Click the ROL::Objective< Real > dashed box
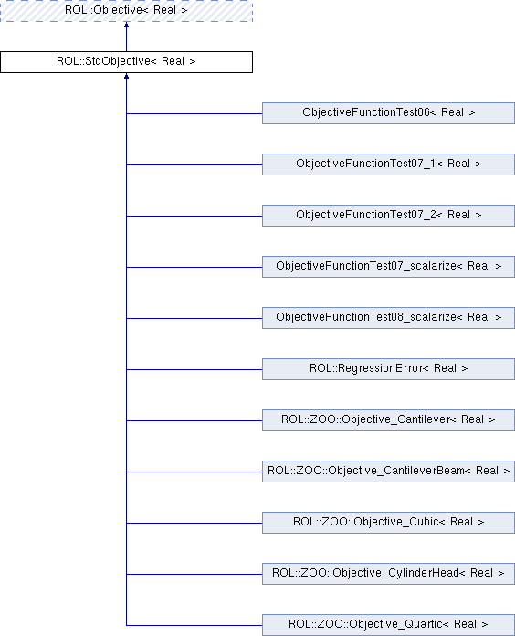126,11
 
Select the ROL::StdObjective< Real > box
126,62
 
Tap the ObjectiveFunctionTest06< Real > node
388,113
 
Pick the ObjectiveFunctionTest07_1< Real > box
388,164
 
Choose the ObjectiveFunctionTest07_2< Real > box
388,216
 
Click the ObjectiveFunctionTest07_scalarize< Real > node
388,267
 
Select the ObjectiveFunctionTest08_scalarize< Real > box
388,318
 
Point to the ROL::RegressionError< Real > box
388,369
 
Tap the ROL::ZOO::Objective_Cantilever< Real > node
388,420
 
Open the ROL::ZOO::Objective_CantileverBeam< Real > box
388,472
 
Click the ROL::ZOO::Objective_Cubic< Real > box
388,523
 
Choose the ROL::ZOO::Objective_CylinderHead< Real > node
388,574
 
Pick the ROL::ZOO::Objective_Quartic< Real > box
388,625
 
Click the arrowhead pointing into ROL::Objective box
126,25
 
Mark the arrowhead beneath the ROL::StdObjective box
126,76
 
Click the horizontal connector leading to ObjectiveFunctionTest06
194,113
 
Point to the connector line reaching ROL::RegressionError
194,369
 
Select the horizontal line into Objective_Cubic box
194,523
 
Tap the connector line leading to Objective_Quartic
194,625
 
